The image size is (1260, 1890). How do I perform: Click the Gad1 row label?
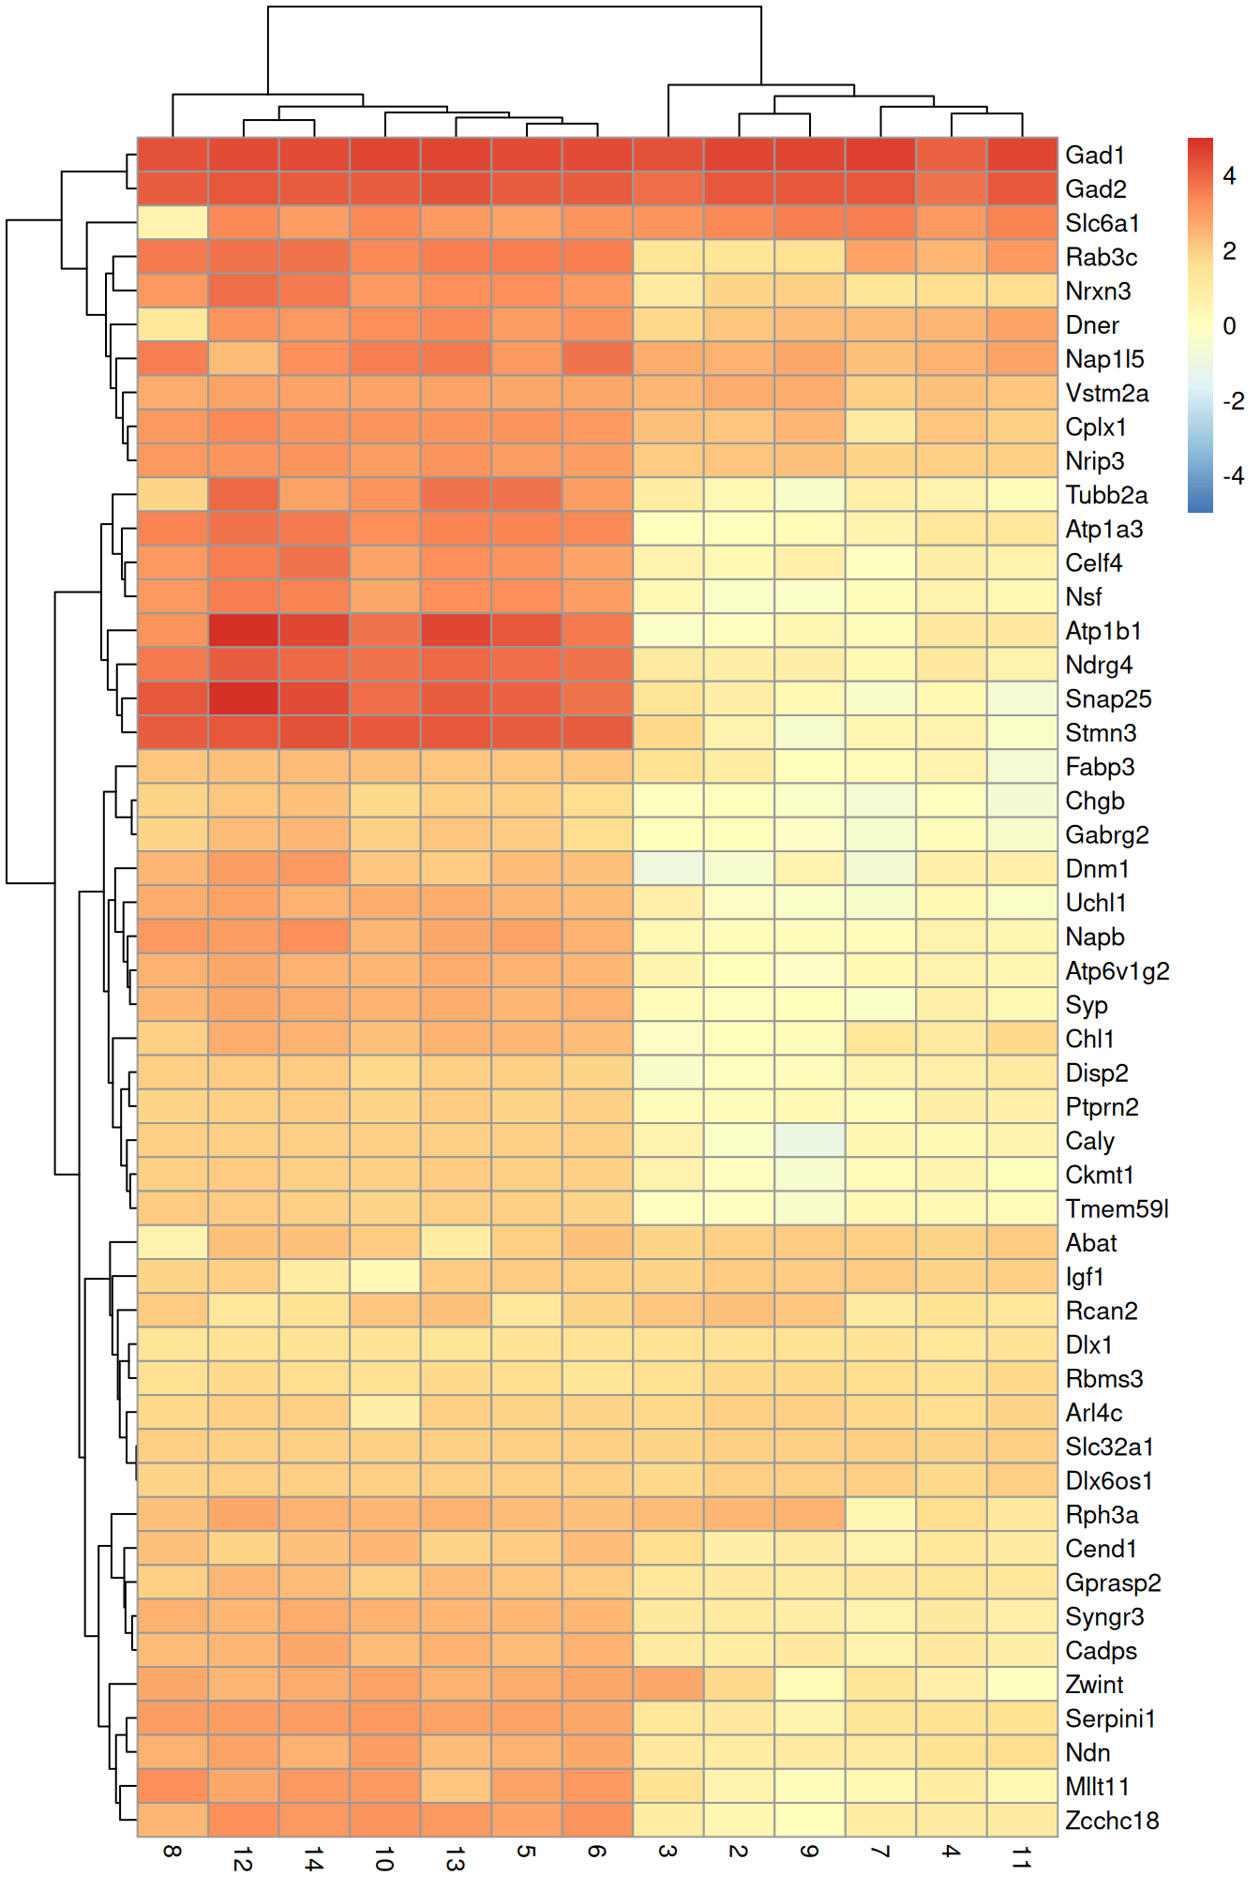click(x=1094, y=155)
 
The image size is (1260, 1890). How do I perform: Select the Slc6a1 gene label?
click(x=1102, y=223)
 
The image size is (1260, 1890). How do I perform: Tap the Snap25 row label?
click(x=1107, y=698)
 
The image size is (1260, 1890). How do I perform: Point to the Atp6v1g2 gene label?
click(x=1117, y=970)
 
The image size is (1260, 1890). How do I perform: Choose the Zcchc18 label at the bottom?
click(x=1111, y=1820)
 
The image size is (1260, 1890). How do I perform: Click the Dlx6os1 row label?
click(x=1108, y=1480)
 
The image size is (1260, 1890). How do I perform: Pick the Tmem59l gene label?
click(x=1116, y=1208)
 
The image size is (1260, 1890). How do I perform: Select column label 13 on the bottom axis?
click(x=456, y=1857)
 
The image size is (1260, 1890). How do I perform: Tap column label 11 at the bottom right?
click(x=1022, y=1857)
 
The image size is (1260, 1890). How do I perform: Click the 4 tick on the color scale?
click(x=1229, y=175)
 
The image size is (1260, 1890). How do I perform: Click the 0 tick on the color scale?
click(x=1229, y=325)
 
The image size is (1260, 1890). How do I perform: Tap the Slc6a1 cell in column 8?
click(x=172, y=223)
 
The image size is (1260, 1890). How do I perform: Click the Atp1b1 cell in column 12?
click(x=244, y=631)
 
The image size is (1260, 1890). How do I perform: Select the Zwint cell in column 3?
click(x=667, y=1684)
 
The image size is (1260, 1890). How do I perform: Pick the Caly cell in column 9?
click(x=809, y=1140)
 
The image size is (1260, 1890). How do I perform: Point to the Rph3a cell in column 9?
click(x=809, y=1514)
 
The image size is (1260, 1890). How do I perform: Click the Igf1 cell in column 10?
click(x=384, y=1276)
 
